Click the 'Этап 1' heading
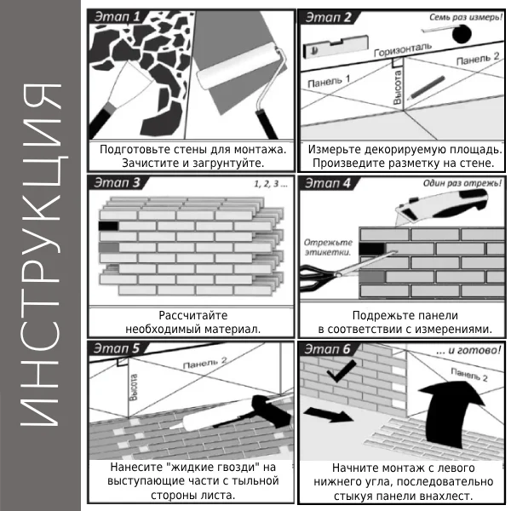(117, 17)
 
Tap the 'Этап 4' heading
(328, 183)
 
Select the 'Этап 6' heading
(327, 349)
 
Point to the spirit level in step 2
(336, 47)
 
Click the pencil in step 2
(426, 88)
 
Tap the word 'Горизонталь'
(403, 49)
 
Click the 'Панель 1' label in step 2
(329, 81)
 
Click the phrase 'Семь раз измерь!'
(466, 17)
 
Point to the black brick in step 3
(108, 226)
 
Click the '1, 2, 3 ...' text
(271, 184)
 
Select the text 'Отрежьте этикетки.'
(328, 247)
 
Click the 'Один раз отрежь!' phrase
(462, 183)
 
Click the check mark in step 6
(341, 371)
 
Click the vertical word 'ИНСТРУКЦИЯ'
(41, 255)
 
